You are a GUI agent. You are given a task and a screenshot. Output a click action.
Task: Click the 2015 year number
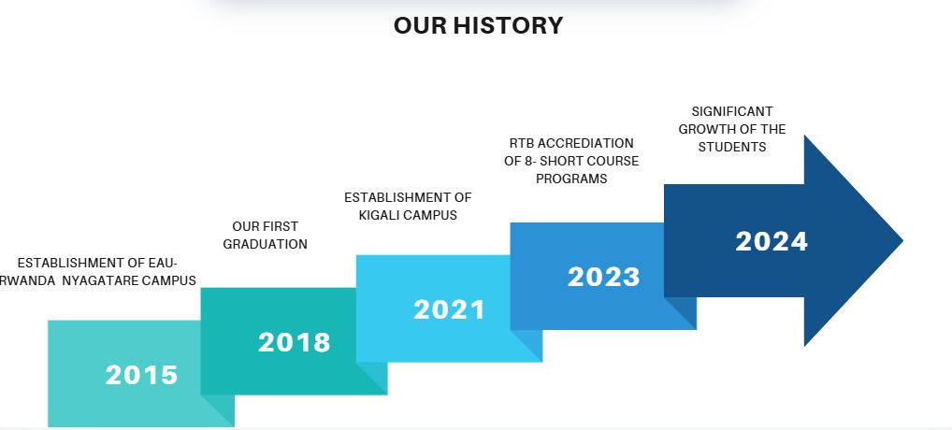141,375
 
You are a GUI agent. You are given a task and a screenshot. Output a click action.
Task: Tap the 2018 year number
295,342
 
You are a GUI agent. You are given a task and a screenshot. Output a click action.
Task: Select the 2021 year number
449,310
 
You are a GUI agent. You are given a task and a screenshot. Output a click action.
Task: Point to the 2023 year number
603,278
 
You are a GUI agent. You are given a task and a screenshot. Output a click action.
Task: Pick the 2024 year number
772,241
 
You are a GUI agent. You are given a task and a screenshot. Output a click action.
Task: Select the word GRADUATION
266,244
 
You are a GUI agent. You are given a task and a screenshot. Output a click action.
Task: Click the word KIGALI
380,215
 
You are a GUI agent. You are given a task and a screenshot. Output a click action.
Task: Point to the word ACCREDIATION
585,143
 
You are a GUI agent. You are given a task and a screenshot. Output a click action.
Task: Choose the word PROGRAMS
571,179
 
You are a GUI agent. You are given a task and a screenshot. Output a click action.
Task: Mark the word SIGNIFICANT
732,111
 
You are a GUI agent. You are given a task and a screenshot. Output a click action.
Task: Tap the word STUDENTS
732,147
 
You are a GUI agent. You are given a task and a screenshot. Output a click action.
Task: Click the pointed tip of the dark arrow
902,240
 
